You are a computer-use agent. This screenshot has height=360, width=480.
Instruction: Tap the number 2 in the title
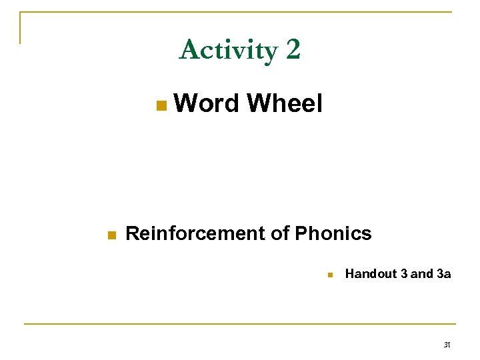coord(293,50)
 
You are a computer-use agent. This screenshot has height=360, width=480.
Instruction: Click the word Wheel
coord(285,103)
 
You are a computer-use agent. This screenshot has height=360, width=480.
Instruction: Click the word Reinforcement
coord(195,233)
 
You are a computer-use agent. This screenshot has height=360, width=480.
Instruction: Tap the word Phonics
coord(333,233)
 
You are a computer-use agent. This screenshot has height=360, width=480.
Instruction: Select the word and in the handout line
coord(421,273)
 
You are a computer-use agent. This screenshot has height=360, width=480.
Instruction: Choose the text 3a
coord(443,273)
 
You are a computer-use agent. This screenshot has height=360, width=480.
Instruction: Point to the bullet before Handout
coord(329,275)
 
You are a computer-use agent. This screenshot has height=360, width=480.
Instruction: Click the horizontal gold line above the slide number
coord(240,324)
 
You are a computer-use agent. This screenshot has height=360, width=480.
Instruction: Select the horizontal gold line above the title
coord(240,12)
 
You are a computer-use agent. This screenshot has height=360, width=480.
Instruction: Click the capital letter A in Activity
coord(188,50)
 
